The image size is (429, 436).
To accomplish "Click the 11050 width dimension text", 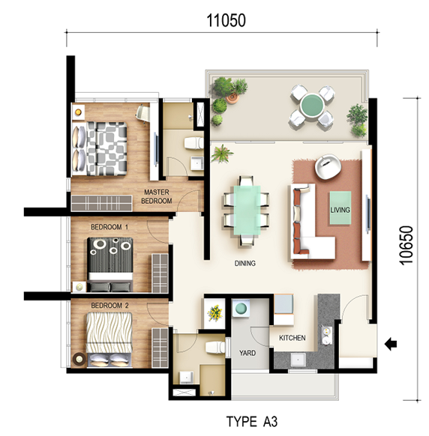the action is (x=226, y=20).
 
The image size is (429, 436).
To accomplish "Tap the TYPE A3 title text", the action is (x=252, y=422).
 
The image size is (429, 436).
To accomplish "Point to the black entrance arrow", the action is (x=391, y=345).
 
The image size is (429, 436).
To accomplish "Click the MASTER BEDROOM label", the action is (x=157, y=196).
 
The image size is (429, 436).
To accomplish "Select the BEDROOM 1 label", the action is (x=109, y=227).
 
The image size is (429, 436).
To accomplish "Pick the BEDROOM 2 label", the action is (x=109, y=306).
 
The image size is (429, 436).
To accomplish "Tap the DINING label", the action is (x=245, y=263).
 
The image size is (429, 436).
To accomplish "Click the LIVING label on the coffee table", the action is (x=340, y=210).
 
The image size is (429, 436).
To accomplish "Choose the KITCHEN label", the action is (x=292, y=338).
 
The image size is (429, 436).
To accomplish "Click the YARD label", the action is (x=247, y=353).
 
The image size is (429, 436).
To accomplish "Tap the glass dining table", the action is (x=247, y=211).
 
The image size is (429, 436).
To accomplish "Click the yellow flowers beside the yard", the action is (x=215, y=312).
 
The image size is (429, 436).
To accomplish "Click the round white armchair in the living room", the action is (x=328, y=166).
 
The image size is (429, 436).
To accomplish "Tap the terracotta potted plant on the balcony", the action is (x=232, y=97).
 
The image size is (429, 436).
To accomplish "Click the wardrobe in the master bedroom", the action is (x=101, y=203).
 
